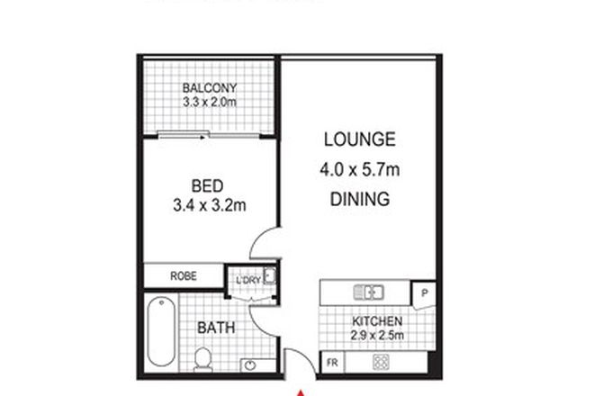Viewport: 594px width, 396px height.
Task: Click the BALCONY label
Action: (x=209, y=88)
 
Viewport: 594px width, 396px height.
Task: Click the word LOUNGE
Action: (x=359, y=139)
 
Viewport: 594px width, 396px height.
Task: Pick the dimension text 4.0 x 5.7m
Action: (x=359, y=169)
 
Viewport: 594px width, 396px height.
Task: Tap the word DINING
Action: (x=359, y=199)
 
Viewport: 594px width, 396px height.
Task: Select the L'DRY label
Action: (x=247, y=281)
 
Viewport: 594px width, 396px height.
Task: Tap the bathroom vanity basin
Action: (x=247, y=366)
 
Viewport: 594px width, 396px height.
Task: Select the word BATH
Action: (x=216, y=328)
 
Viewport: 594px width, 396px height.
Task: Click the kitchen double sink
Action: (x=369, y=291)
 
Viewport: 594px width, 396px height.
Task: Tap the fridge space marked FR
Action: (x=332, y=364)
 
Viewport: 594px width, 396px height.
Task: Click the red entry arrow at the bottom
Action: (x=302, y=391)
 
